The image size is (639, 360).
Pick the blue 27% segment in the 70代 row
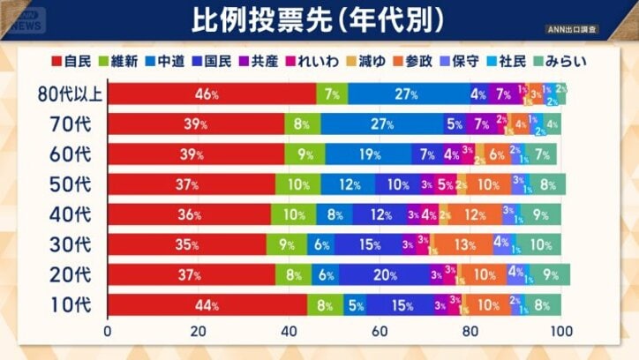click(x=381, y=124)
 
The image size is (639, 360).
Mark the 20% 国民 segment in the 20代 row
click(x=384, y=275)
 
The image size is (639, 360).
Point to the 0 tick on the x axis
click(x=108, y=333)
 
